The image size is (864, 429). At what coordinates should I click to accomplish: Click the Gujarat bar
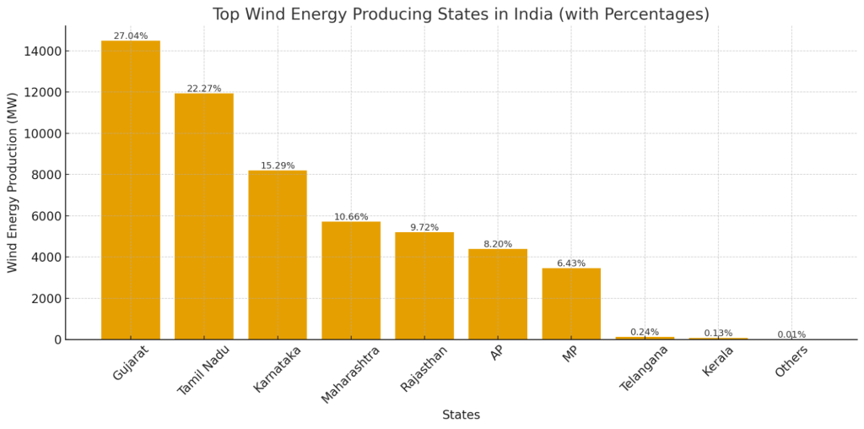(x=130, y=190)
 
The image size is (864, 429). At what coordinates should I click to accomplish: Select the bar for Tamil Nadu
(x=203, y=216)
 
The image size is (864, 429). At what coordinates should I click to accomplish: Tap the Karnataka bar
(x=277, y=255)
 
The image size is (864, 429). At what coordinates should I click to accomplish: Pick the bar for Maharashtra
(x=350, y=280)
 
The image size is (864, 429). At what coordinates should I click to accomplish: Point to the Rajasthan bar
(x=424, y=285)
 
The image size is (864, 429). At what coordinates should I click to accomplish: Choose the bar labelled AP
(x=497, y=294)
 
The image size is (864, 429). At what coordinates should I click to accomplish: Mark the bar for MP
(x=570, y=304)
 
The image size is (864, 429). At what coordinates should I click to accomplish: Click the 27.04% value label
(x=130, y=36)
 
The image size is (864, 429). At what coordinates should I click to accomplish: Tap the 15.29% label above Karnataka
(x=277, y=166)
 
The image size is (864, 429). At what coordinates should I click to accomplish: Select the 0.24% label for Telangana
(x=644, y=332)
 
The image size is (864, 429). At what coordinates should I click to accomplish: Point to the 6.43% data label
(x=570, y=263)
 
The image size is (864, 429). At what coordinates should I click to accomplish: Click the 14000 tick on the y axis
(x=41, y=51)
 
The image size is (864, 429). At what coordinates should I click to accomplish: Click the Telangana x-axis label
(x=645, y=368)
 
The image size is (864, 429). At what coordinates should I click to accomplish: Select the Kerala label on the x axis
(x=717, y=362)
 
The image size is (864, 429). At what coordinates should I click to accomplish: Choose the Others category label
(x=791, y=362)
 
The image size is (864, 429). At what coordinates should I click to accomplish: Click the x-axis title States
(x=461, y=415)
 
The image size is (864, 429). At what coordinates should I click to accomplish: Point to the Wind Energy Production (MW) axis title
(x=13, y=182)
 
